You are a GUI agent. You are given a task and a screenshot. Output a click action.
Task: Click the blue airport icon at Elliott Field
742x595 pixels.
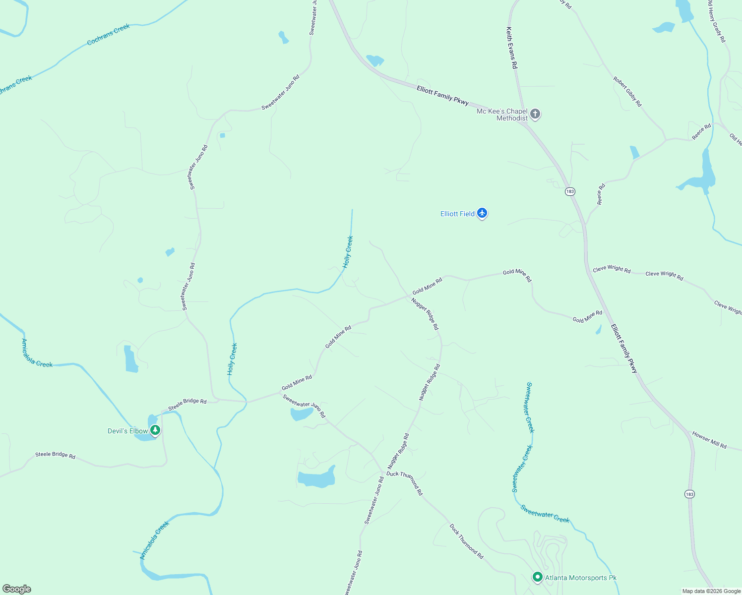coord(482,214)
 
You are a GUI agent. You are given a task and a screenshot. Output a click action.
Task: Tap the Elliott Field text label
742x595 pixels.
coord(457,214)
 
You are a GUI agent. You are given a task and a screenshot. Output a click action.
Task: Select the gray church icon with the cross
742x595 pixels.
coord(535,114)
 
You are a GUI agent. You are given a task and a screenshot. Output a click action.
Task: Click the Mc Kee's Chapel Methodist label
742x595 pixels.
coord(502,115)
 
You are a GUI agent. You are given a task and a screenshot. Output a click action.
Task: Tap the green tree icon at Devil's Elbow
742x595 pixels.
coord(155,430)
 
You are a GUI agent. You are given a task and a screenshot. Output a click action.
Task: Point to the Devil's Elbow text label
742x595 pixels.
coord(127,431)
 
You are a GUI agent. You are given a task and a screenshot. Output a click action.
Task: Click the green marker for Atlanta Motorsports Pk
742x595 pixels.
coord(537,577)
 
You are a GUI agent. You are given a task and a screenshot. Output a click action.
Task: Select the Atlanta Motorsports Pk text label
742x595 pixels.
coord(581,578)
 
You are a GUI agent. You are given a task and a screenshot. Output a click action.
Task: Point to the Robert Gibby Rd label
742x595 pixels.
coord(627,92)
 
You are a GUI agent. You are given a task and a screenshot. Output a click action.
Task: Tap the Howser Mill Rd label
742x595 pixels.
coord(709,440)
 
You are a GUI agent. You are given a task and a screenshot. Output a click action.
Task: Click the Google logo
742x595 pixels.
coord(17,589)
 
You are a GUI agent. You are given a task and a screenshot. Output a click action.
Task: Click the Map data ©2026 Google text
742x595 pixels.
coord(711,591)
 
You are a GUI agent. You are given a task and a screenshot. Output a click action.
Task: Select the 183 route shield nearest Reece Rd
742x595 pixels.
coord(570,191)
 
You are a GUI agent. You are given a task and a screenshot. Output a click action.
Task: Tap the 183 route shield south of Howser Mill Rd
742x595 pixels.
coord(689,494)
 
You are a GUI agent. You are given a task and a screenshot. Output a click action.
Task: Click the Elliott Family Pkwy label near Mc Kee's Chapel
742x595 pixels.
coord(442,95)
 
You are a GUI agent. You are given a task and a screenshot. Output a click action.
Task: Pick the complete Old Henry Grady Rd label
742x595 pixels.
coord(716,21)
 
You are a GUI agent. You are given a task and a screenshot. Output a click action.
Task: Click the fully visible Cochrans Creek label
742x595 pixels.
coord(108,35)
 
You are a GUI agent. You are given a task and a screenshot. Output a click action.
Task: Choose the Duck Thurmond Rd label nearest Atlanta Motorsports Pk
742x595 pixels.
coord(466,541)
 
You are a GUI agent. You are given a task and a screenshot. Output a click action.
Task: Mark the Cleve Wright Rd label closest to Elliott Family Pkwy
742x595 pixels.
coord(612,269)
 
